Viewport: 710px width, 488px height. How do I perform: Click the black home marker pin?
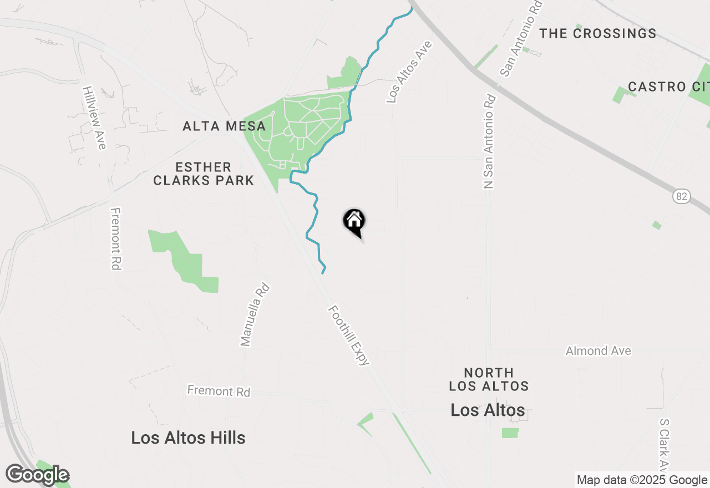[354, 222]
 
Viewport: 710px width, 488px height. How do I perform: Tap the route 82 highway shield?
[682, 196]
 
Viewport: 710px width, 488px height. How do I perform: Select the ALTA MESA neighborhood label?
[224, 126]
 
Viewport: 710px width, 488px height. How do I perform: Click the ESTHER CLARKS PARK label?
[204, 174]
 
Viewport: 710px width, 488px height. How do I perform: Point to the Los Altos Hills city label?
[188, 438]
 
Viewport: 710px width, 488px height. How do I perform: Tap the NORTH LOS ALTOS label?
[489, 379]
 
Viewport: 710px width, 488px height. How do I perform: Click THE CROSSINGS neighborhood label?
[598, 34]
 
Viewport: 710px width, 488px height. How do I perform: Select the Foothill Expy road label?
[349, 335]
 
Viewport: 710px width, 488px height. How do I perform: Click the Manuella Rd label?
[255, 315]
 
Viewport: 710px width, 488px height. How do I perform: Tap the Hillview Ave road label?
[94, 117]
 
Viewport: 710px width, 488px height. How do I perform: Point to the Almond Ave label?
[598, 351]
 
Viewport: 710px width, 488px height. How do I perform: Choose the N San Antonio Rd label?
[489, 141]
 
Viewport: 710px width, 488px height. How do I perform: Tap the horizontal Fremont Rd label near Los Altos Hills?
[219, 391]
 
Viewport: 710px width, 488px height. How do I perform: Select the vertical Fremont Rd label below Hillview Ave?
[115, 239]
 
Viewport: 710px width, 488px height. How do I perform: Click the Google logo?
[37, 475]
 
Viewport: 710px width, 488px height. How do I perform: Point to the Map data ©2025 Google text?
[642, 480]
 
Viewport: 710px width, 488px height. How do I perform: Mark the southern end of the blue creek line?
[323, 272]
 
